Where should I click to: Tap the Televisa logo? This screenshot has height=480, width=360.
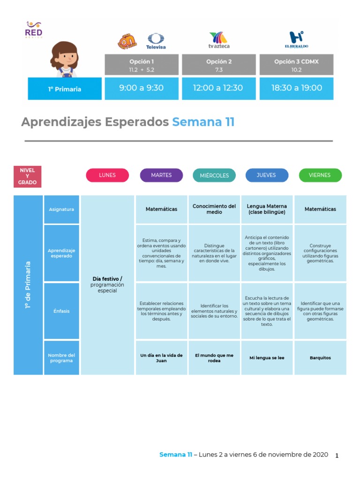point(156,41)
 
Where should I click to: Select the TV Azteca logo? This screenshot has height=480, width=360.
point(219,40)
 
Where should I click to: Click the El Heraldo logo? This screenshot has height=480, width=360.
point(296,40)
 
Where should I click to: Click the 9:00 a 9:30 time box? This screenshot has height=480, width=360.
point(142,88)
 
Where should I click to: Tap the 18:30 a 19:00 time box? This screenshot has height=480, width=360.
point(296,88)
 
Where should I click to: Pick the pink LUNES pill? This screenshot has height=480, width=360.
point(107,175)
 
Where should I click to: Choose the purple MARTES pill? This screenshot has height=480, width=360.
point(161,175)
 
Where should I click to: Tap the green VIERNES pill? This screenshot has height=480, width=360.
point(320,175)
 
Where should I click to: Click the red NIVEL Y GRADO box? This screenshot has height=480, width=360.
point(27,176)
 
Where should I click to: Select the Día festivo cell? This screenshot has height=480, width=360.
point(107,285)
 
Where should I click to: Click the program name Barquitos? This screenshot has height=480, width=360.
point(320,358)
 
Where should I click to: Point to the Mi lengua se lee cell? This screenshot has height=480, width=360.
point(267,358)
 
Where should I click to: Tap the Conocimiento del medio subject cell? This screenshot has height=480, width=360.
point(214,209)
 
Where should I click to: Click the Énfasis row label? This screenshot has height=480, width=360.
point(61,311)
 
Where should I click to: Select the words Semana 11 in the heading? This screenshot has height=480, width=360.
point(203,122)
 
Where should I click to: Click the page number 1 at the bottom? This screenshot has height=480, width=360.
point(337,456)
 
